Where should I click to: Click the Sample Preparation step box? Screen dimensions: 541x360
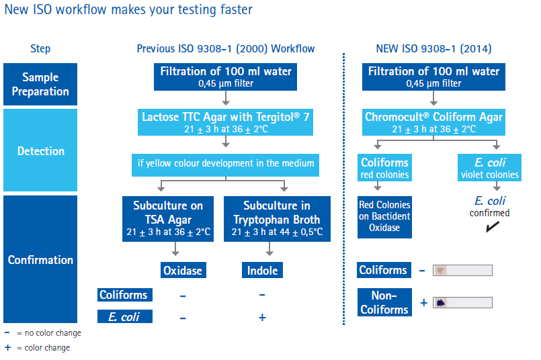point(40,84)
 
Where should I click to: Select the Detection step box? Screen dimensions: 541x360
point(40,150)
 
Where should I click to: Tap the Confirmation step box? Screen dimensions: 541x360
point(40,259)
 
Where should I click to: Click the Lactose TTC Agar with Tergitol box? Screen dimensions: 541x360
point(225,122)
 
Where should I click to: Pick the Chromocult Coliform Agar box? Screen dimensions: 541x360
point(433,122)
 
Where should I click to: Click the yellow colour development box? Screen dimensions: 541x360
point(225,165)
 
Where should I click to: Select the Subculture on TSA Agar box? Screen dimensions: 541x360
point(168,219)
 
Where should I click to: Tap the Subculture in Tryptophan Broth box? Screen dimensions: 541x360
point(277,219)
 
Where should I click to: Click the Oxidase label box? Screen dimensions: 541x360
point(183,271)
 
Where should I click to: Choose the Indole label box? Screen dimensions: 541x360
point(262,271)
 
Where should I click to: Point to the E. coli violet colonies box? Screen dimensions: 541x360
point(490,168)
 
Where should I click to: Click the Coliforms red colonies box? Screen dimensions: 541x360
point(384,168)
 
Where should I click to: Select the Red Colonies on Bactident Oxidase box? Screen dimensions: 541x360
point(384,217)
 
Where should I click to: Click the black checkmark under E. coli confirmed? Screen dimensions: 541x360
point(493,226)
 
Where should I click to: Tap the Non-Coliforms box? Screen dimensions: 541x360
point(384,302)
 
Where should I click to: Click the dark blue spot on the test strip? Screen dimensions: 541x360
point(441,303)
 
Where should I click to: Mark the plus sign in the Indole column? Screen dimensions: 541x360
point(262,317)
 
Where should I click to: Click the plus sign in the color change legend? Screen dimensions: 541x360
point(7,347)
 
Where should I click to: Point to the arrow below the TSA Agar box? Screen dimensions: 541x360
point(175,249)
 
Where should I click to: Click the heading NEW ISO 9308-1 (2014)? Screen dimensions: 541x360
point(433,48)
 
